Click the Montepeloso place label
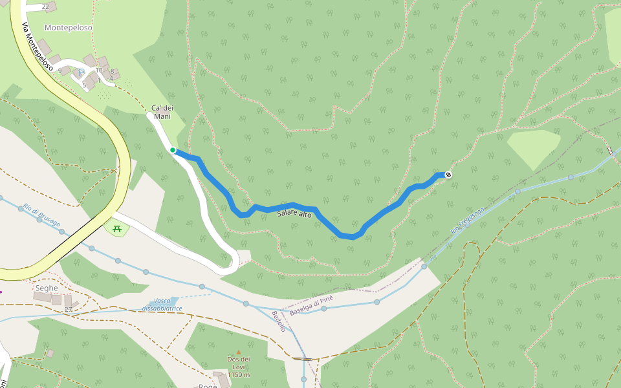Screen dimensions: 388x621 (x=68, y=28)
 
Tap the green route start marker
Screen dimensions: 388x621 (x=173, y=150)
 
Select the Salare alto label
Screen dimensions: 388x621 (x=294, y=214)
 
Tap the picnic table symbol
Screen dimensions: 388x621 (x=117, y=228)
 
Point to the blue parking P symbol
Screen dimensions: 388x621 (x=82, y=73)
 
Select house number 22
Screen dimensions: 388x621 (x=45, y=7)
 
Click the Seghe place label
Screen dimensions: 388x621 (x=47, y=288)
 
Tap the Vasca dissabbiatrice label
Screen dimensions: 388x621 (x=162, y=305)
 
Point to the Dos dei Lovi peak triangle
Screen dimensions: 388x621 (x=238, y=352)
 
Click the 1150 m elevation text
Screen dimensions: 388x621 (x=238, y=375)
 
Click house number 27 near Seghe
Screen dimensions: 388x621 (x=68, y=310)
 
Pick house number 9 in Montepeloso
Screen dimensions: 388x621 (x=60, y=70)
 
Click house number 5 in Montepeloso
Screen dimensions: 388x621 (x=84, y=84)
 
